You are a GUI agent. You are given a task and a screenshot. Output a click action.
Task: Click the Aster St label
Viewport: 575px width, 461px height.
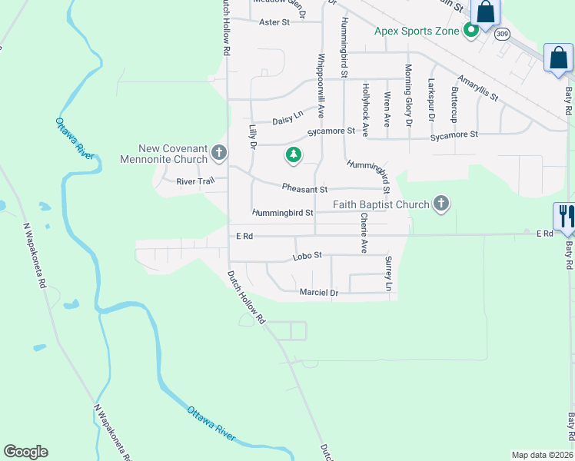[x=274, y=22]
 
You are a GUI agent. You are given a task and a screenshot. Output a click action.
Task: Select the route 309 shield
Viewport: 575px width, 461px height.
[x=502, y=34]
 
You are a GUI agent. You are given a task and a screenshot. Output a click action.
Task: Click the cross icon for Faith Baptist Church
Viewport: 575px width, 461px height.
[x=440, y=204]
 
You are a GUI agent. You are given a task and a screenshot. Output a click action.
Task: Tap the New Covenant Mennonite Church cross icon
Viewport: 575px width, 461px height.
[x=218, y=153]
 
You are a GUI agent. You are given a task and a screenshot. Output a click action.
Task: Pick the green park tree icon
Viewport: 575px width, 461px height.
[x=293, y=156]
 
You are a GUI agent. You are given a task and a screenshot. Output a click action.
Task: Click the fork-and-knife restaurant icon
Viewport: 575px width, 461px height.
[x=564, y=214]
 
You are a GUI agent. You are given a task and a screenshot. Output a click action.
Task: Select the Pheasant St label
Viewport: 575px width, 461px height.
[x=304, y=188]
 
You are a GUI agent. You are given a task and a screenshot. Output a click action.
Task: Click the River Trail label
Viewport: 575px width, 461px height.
[x=194, y=181]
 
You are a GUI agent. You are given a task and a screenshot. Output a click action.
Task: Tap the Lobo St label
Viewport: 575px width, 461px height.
[x=307, y=256]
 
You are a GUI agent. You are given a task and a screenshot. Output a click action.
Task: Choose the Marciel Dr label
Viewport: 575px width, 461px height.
[x=318, y=293]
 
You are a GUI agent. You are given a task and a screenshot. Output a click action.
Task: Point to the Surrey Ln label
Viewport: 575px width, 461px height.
[x=389, y=274]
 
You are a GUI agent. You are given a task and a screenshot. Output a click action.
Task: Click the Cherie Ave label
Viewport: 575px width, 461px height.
[x=364, y=234]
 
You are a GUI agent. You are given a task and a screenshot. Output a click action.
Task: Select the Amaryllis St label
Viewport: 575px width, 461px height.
[x=477, y=88]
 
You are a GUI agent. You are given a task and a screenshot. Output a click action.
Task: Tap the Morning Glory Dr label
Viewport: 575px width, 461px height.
[x=409, y=95]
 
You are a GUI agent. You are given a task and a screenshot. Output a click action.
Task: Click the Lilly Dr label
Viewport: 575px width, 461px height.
[x=251, y=135]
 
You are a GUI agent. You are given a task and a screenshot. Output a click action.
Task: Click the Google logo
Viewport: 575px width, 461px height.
[x=25, y=452]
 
